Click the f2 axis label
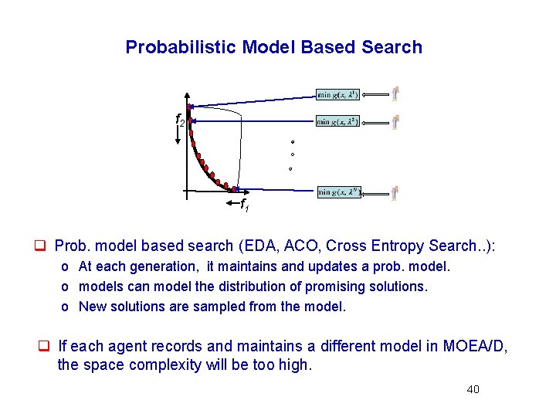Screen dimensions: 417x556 pyautogui.click(x=179, y=120)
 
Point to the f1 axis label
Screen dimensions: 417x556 pyautogui.click(x=243, y=205)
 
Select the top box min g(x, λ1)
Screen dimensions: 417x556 pyautogui.click(x=337, y=94)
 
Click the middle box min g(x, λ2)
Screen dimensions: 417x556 pyautogui.click(x=337, y=121)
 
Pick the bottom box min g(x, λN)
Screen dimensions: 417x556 pyautogui.click(x=338, y=192)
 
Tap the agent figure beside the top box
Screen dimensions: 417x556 pyautogui.click(x=395, y=94)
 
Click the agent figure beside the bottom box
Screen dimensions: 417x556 pyautogui.click(x=395, y=192)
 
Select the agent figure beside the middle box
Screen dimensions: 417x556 pyautogui.click(x=395, y=122)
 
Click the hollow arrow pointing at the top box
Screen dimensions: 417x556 pyautogui.click(x=373, y=94)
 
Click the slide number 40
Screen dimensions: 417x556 pyautogui.click(x=473, y=389)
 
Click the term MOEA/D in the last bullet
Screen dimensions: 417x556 pyautogui.click(x=475, y=347)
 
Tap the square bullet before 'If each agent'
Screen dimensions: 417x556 pyautogui.click(x=45, y=347)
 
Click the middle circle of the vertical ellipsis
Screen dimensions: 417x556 pyautogui.click(x=292, y=154)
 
